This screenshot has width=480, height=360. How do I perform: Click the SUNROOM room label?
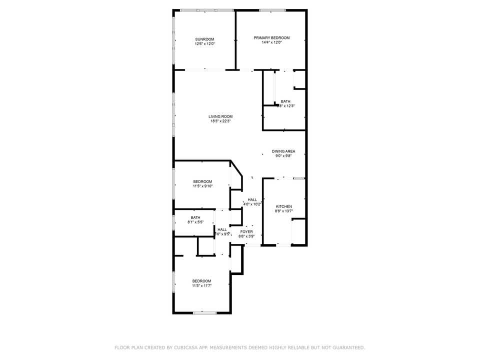pyautogui.click(x=204, y=39)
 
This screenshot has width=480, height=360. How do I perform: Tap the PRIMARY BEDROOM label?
pyautogui.click(x=271, y=38)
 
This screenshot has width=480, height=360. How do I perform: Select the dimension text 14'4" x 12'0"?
pyautogui.click(x=271, y=42)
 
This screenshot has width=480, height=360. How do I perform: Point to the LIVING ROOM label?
pyautogui.click(x=220, y=116)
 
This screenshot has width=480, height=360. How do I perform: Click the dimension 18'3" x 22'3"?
pyautogui.click(x=220, y=121)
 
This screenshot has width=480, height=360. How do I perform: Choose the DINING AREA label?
pyautogui.click(x=283, y=151)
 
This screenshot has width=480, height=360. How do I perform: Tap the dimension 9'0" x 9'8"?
pyautogui.click(x=283, y=155)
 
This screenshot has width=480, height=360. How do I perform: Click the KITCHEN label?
pyautogui.click(x=284, y=206)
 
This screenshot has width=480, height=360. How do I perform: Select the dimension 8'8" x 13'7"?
pyautogui.click(x=284, y=211)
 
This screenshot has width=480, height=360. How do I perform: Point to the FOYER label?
pyautogui.click(x=246, y=231)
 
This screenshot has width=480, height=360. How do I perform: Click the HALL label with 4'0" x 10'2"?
pyautogui.click(x=252, y=199)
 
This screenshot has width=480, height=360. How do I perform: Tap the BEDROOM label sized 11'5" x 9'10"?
pyautogui.click(x=202, y=181)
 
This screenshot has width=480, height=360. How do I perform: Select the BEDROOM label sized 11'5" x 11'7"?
pyautogui.click(x=201, y=281)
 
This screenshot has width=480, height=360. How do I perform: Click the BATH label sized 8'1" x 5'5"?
pyautogui.click(x=195, y=217)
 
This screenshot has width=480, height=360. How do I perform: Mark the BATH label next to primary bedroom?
pyautogui.click(x=285, y=101)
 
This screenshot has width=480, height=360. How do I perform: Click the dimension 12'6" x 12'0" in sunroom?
pyautogui.click(x=204, y=44)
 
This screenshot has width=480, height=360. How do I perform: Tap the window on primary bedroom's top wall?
pyautogui.click(x=272, y=10)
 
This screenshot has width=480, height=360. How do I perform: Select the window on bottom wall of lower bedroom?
pyautogui.click(x=205, y=313)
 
